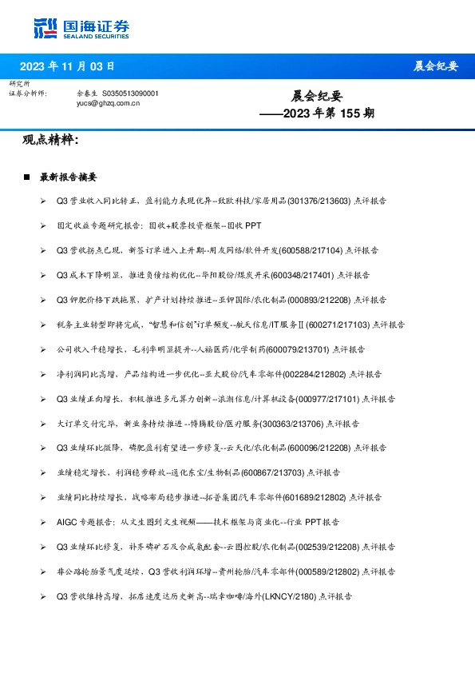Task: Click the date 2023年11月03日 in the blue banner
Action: [66, 66]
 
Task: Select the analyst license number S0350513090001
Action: [130, 94]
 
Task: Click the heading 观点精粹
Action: [50, 140]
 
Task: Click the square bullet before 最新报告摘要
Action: [27, 177]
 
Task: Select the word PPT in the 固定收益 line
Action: [253, 225]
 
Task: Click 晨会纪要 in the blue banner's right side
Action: [435, 66]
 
